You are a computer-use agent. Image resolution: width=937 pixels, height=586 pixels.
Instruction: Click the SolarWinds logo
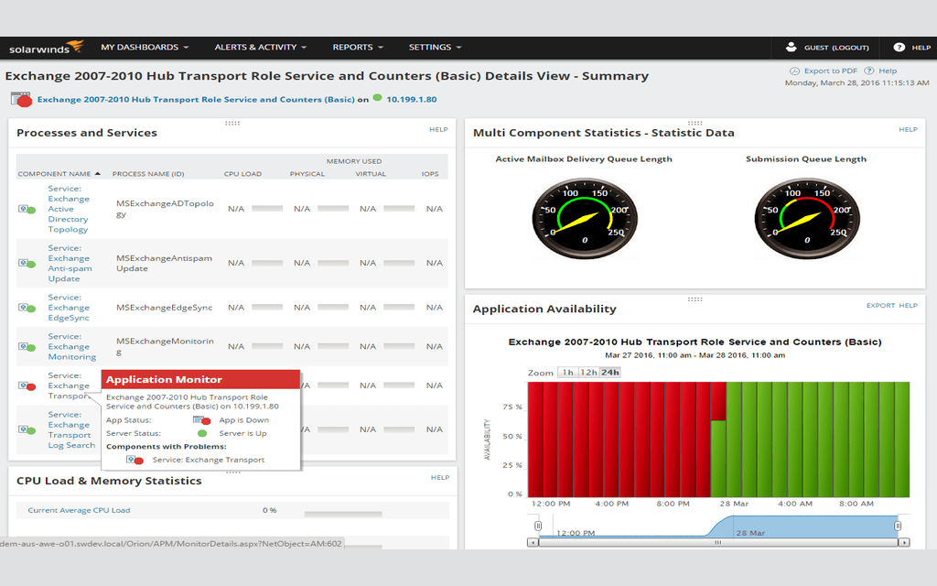(46, 48)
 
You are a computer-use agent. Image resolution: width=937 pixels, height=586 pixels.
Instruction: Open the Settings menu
(435, 48)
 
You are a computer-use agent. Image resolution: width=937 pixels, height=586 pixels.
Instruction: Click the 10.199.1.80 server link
(411, 99)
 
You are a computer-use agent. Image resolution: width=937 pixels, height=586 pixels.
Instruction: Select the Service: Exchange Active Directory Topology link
(69, 209)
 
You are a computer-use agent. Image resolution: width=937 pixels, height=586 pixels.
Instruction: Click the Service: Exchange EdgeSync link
(69, 308)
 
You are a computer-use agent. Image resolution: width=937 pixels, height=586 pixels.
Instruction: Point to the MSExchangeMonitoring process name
(165, 346)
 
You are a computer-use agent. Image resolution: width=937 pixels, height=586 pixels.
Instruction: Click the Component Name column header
(55, 174)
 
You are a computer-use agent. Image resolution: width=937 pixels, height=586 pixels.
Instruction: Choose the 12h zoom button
(589, 373)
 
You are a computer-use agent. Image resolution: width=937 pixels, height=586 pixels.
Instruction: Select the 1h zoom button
(568, 373)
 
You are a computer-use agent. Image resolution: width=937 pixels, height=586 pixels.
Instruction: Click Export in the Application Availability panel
(880, 306)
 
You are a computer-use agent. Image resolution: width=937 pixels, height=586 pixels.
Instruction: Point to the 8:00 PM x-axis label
(673, 504)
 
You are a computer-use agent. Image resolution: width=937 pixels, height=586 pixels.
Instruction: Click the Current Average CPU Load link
(79, 510)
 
